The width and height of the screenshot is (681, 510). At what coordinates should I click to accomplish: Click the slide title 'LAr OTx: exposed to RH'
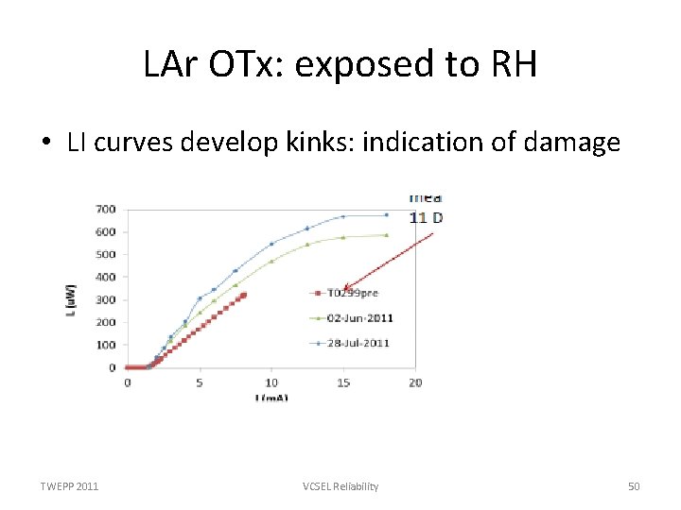pyautogui.click(x=340, y=65)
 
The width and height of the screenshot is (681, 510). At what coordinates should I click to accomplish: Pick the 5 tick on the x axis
pyautogui.click(x=200, y=382)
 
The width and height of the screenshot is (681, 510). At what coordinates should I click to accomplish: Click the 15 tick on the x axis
pyautogui.click(x=343, y=382)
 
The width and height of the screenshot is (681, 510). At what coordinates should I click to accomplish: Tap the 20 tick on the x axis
pyautogui.click(x=415, y=382)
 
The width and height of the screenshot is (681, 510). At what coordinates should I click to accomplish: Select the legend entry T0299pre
pyautogui.click(x=353, y=293)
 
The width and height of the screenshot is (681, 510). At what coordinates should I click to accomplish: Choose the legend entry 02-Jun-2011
pyautogui.click(x=360, y=318)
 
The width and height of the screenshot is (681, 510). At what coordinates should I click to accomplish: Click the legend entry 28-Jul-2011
pyautogui.click(x=360, y=343)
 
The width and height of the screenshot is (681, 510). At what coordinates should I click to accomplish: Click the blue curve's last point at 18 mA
pyautogui.click(x=386, y=214)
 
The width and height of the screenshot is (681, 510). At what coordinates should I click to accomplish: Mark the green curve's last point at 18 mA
pyautogui.click(x=386, y=235)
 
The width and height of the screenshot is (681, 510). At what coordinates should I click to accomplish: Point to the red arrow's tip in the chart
pyautogui.click(x=346, y=289)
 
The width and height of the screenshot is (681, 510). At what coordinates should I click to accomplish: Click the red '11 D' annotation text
pyautogui.click(x=426, y=218)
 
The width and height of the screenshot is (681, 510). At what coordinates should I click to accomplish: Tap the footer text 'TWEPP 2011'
pyautogui.click(x=69, y=486)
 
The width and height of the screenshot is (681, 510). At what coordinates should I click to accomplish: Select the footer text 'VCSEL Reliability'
pyautogui.click(x=340, y=486)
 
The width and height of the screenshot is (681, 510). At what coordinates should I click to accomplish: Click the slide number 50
pyautogui.click(x=634, y=486)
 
